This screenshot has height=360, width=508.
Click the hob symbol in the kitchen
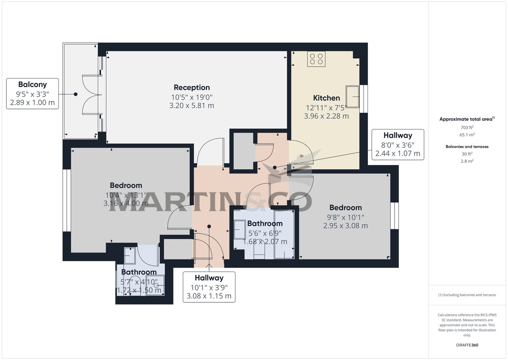tap(316, 59)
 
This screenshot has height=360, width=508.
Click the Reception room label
tap(192, 87)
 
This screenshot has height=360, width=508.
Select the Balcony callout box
tap(32, 93)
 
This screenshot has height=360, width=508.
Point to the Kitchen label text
tap(326, 98)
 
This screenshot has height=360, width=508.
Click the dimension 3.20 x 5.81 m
tap(192, 106)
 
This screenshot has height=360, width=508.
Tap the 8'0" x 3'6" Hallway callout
tap(398, 145)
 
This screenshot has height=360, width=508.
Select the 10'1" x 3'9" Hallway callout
tap(209, 287)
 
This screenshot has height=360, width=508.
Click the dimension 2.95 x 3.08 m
tap(345, 226)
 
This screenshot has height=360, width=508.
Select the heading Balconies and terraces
tap(467, 147)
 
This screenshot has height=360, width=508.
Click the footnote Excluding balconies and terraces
tap(467, 295)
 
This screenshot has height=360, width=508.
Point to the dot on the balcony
tap(76, 94)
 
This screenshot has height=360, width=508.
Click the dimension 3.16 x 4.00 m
tap(126, 204)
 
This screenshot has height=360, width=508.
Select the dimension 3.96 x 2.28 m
tap(326, 116)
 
